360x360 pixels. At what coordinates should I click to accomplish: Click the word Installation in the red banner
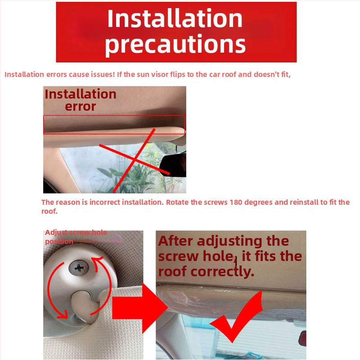pyautogui.click(x=175, y=18)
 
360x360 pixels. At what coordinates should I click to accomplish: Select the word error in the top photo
pyautogui.click(x=81, y=107)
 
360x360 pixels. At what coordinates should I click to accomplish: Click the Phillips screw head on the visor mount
pyautogui.click(x=79, y=267)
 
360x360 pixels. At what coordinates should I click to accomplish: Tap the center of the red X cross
pyautogui.click(x=135, y=159)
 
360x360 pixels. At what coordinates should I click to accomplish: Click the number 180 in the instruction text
pyautogui.click(x=236, y=202)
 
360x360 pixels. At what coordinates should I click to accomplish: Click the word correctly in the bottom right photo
pyautogui.click(x=222, y=272)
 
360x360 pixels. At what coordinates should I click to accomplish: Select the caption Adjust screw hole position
pyautogui.click(x=76, y=237)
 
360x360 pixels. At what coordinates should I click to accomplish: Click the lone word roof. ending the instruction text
pyautogui.click(x=49, y=211)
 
